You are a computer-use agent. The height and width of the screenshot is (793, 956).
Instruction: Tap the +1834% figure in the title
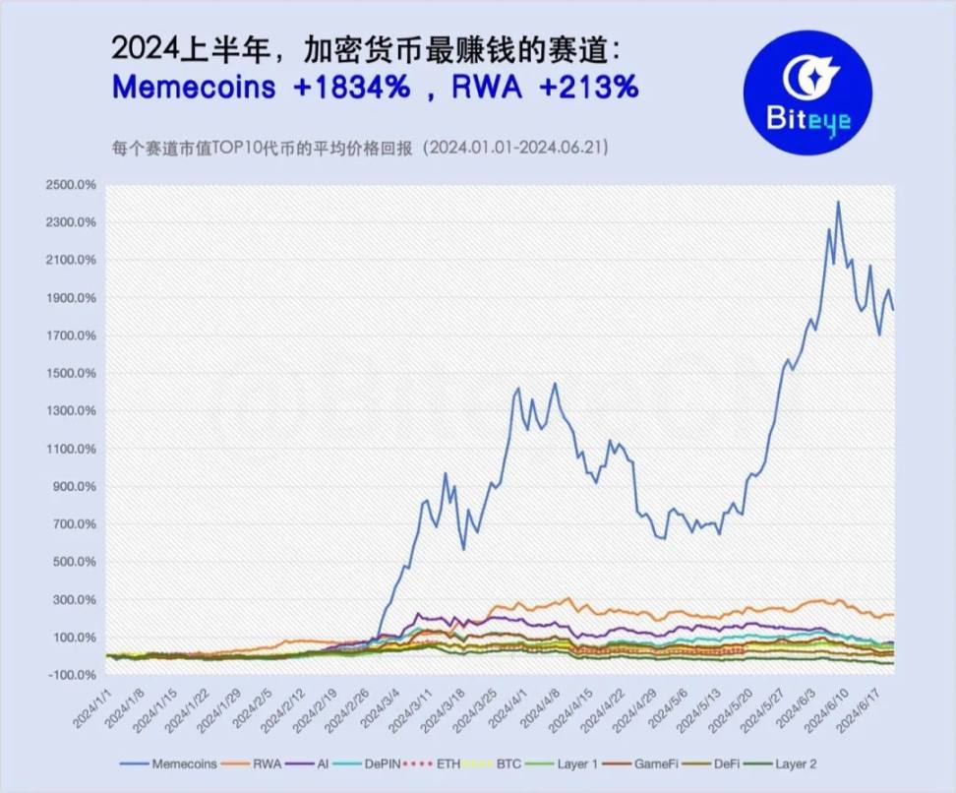point(351,87)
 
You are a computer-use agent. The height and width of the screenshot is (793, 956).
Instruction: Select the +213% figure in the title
point(589,87)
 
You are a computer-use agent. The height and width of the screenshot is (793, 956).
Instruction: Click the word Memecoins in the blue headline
point(194,87)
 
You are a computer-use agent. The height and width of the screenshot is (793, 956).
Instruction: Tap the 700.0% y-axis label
point(72,524)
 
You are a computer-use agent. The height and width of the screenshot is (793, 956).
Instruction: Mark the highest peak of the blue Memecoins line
point(838,202)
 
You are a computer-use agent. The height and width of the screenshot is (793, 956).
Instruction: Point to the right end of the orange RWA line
point(892,614)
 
